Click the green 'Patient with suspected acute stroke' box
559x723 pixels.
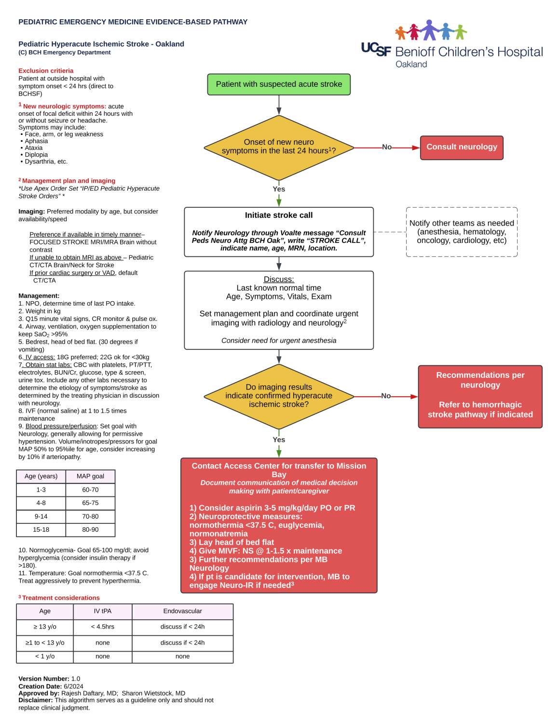[279, 84]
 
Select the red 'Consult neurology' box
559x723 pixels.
[462, 147]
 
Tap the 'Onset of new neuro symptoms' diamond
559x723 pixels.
[279, 147]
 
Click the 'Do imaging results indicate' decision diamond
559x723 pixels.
[279, 396]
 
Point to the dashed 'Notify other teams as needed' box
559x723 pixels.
[462, 232]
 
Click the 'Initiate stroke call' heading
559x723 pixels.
[279, 215]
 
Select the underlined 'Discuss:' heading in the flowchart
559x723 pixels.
[279, 280]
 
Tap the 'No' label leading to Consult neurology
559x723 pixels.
[387, 147]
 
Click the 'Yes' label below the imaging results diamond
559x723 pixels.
[279, 440]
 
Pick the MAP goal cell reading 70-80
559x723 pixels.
[90, 516]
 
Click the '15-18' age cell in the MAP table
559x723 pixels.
[41, 530]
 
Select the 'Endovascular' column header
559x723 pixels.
[182, 611]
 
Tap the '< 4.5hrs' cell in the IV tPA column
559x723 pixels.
[103, 627]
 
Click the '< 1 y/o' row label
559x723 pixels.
[45, 656]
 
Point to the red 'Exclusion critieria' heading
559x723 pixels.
[46, 71]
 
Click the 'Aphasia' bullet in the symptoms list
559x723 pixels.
[36, 141]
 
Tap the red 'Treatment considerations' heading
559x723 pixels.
[61, 598]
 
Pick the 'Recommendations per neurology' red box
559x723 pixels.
[480, 396]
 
